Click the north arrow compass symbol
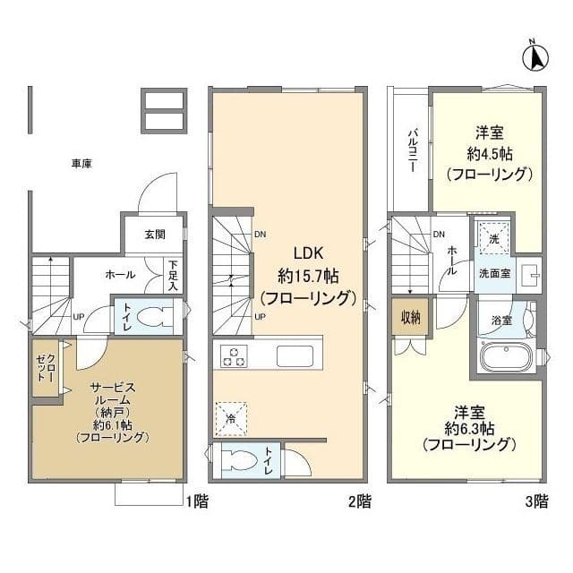[x=535, y=56]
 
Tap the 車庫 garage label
[x=82, y=164]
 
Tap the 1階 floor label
[x=197, y=502]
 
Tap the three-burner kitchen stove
[x=235, y=355]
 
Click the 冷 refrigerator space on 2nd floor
[x=231, y=415]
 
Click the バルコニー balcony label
[x=414, y=150]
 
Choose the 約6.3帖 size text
[x=469, y=428]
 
